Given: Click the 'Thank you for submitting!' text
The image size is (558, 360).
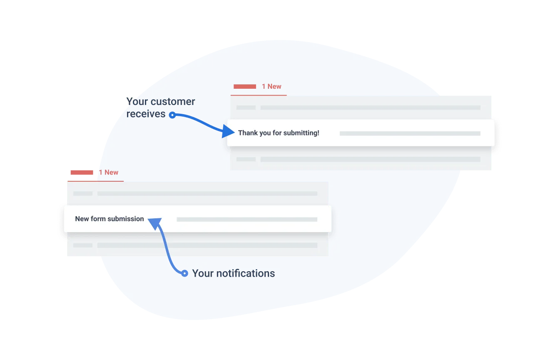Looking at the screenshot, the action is point(279,133).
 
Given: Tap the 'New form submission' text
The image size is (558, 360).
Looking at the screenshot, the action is point(110,219).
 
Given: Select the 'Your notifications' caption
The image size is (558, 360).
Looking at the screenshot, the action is point(234,273).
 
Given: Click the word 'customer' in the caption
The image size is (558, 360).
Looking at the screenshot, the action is point(173,102).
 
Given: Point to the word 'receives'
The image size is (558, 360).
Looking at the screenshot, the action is point(146,114).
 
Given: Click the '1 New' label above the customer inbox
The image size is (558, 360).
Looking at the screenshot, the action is point(272,87).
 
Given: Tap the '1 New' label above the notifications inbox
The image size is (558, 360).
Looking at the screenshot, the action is point(108,172).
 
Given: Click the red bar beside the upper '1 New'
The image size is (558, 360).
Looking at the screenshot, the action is point(244,87).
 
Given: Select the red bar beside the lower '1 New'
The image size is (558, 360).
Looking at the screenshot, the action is point(82,172).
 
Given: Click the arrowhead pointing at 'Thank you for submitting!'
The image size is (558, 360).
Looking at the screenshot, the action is point(228,131).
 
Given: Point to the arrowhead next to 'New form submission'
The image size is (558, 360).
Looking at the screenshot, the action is point(155,223).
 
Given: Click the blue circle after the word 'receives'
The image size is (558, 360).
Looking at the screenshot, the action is point(172,115).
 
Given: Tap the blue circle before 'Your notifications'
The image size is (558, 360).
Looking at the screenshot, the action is point(184,273).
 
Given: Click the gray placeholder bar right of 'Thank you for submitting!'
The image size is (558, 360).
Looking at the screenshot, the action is point(410,133).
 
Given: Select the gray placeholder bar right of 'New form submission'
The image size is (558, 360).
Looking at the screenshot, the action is point(247,220).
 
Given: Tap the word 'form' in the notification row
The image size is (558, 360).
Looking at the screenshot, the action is point(98,219).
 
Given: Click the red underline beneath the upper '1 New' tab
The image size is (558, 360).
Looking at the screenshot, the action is point(259,95).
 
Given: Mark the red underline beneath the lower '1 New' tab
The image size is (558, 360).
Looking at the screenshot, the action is point(95,181).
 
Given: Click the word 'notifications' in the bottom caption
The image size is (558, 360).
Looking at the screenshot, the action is point(246,273).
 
